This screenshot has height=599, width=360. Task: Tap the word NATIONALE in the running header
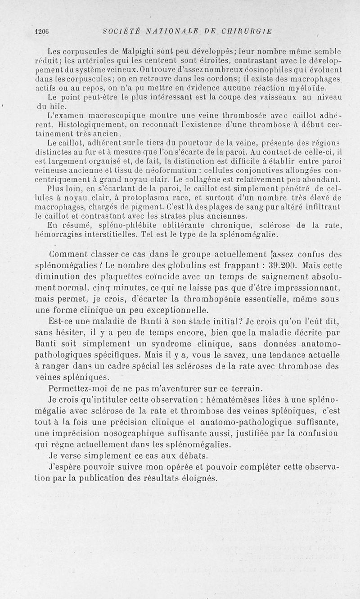coord(167,31)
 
